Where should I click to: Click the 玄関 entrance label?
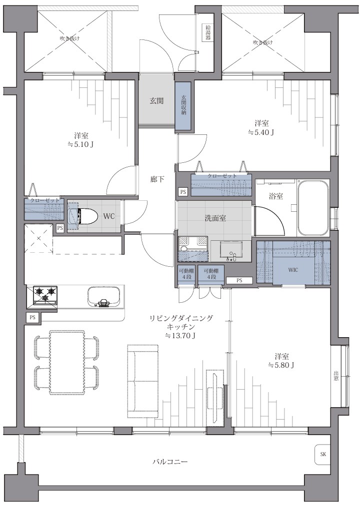[156, 101]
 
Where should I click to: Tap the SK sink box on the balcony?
[323, 455]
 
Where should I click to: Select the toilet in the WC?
[83, 216]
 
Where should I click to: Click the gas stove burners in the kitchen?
[45, 295]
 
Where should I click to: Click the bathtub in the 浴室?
[313, 209]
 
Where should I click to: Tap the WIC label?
[293, 270]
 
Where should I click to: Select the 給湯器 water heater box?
[206, 32]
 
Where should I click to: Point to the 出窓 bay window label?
[336, 377]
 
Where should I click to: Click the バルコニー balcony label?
[170, 462]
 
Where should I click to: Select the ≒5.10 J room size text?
[81, 144]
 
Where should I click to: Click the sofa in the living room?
[143, 381]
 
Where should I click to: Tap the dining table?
[67, 362]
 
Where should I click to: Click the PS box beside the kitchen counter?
[32, 317]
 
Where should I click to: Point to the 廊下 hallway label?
[157, 179]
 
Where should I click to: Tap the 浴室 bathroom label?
[276, 196]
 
